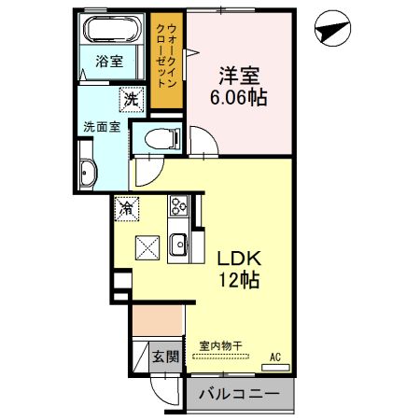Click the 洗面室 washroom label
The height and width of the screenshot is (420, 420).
pyautogui.click(x=100, y=126)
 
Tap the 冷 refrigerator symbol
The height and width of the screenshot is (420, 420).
pyautogui.click(x=126, y=209)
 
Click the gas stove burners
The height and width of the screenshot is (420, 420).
pyautogui.click(x=177, y=206)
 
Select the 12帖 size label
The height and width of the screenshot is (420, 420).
pyautogui.click(x=238, y=280)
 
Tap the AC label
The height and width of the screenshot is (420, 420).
pyautogui.click(x=275, y=357)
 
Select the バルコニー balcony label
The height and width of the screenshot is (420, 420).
pyautogui.click(x=239, y=395)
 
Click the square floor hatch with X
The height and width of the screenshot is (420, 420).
pyautogui.click(x=147, y=248)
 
